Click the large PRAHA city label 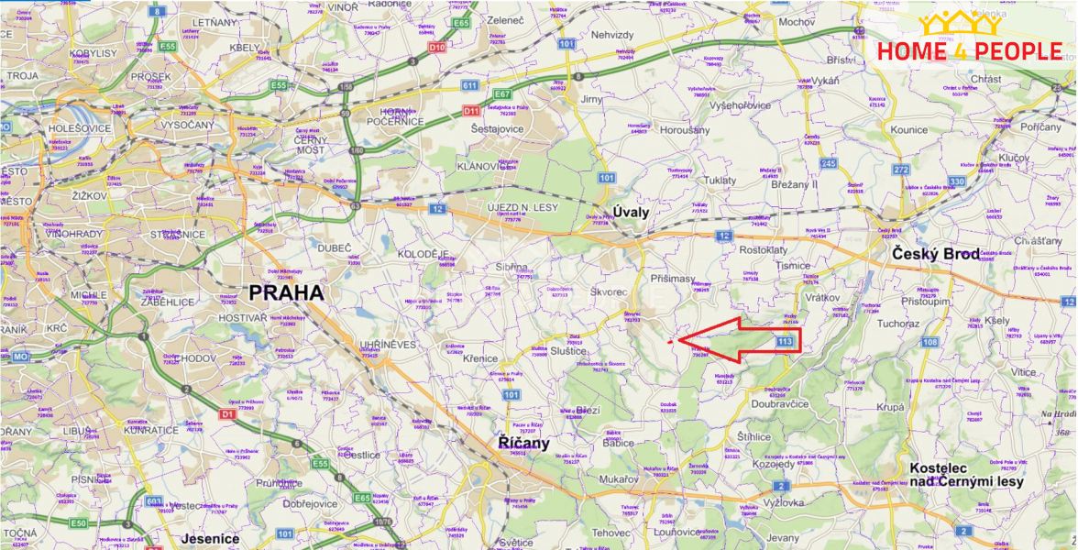tap(286, 293)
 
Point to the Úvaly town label tap(632, 213)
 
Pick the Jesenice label tap(210, 538)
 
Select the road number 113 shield tap(784, 341)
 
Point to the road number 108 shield tap(929, 343)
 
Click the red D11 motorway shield tap(472, 111)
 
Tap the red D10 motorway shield tap(438, 46)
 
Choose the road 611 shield tap(470, 85)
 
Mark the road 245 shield tap(829, 163)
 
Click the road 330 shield tap(957, 181)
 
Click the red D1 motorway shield tap(226, 414)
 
